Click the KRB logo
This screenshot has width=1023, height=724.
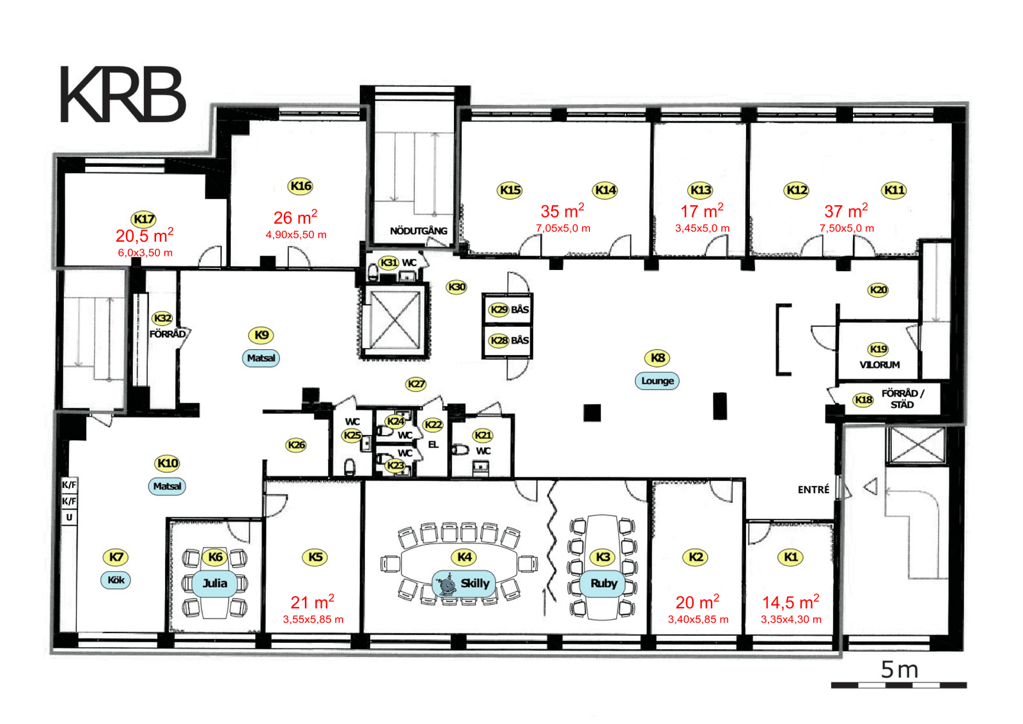tap(123, 94)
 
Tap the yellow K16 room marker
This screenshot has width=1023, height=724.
tap(301, 186)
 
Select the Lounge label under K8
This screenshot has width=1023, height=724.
tap(657, 381)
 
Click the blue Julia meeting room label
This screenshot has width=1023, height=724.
tap(215, 583)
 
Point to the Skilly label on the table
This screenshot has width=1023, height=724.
tap(464, 583)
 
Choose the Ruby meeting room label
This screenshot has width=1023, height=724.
tap(604, 583)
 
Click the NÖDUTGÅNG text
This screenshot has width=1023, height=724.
tap(418, 231)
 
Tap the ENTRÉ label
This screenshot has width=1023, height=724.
tap(813, 490)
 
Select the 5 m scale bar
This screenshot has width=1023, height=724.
tap(899, 685)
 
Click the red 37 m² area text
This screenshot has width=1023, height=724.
tap(846, 211)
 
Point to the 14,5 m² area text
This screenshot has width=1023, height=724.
tap(790, 602)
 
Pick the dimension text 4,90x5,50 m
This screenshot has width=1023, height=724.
tap(296, 235)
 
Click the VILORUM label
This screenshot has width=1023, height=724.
tap(879, 365)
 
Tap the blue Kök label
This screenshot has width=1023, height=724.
tap(116, 580)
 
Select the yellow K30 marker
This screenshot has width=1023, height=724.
tap(457, 287)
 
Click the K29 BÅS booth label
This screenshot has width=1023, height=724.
tap(508, 310)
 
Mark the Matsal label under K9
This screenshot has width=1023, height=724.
tap(261, 358)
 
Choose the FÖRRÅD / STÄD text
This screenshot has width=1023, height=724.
tap(902, 398)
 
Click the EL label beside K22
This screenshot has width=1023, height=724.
tap(433, 445)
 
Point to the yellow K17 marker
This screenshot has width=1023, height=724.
tap(144, 219)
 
